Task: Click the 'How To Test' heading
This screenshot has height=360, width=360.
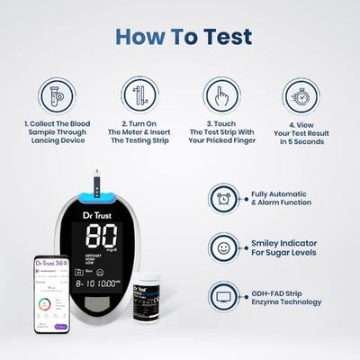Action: [183, 37]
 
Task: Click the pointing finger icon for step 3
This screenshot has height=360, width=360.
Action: [220, 95]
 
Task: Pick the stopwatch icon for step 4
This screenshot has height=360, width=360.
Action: [303, 95]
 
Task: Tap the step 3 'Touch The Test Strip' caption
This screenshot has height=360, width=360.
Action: [220, 134]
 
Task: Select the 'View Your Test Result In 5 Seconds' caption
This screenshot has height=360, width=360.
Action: [303, 134]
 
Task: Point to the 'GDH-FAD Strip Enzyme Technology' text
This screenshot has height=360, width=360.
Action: [286, 296]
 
